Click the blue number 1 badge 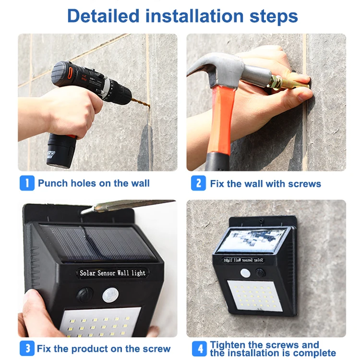pos(27,183)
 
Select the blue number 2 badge pos(198,183)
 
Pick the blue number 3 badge pos(27,348)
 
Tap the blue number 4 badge pos(198,348)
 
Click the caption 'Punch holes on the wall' pos(94,183)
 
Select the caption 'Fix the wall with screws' pos(265,184)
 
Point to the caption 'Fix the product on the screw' pos(104,348)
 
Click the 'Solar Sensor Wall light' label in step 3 pos(112,273)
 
